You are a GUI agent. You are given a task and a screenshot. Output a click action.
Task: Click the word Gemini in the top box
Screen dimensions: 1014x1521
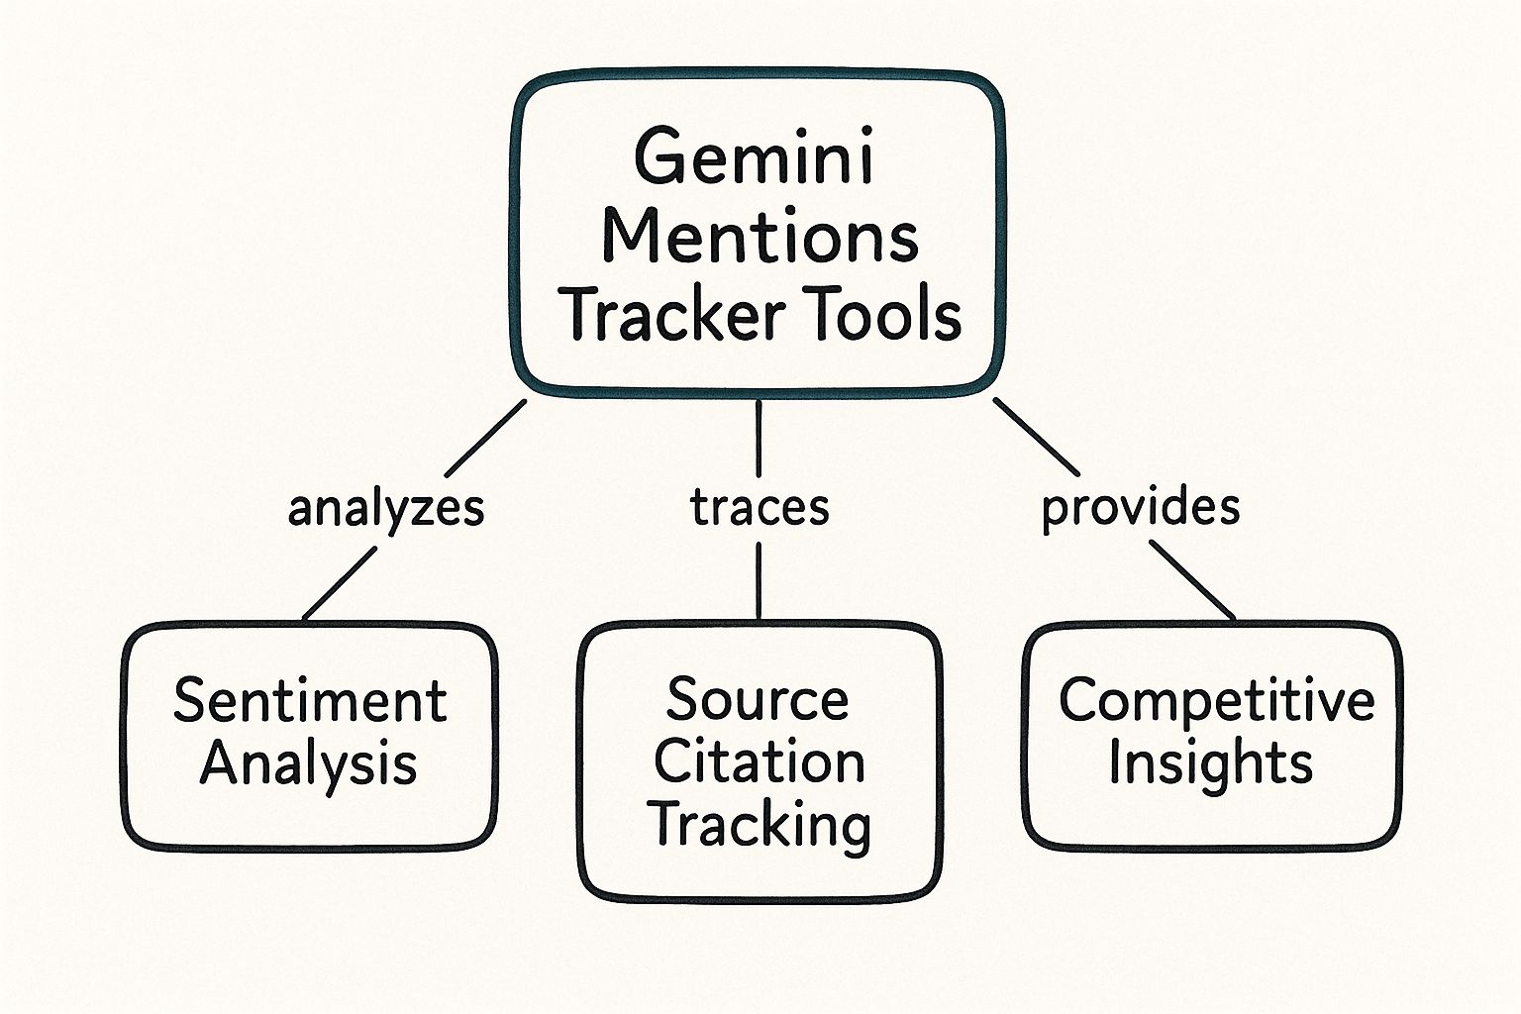pyautogui.click(x=755, y=159)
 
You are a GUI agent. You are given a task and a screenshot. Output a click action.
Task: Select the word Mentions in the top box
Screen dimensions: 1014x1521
pyautogui.click(x=760, y=238)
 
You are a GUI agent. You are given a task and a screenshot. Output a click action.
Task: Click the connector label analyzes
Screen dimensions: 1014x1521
pyautogui.click(x=386, y=509)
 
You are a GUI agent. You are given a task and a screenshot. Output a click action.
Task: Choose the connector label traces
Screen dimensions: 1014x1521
pyautogui.click(x=760, y=507)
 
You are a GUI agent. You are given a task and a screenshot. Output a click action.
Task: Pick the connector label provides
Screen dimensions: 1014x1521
pyautogui.click(x=1141, y=507)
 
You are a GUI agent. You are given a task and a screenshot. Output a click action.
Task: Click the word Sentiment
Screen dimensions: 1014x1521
pyautogui.click(x=310, y=701)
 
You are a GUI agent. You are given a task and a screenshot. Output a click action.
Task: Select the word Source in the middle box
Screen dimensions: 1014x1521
pyautogui.click(x=758, y=700)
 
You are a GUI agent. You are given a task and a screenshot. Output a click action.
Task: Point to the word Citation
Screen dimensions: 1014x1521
pyautogui.click(x=760, y=762)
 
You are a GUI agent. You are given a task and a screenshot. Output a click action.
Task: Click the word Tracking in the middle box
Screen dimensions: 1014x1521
pyautogui.click(x=760, y=826)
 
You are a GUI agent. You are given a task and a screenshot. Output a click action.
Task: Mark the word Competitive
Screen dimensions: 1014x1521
pyautogui.click(x=1216, y=701)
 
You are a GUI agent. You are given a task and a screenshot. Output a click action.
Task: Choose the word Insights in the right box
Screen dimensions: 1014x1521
pyautogui.click(x=1210, y=764)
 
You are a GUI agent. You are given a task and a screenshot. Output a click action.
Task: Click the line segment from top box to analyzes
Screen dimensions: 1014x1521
pyautogui.click(x=485, y=438)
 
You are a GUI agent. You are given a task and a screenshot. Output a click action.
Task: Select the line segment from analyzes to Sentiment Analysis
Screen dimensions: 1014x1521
pyautogui.click(x=340, y=583)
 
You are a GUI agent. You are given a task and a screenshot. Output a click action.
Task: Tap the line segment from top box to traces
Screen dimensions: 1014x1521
pyautogui.click(x=759, y=437)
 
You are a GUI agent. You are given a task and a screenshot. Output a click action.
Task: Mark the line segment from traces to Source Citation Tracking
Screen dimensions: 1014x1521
pyautogui.click(x=759, y=580)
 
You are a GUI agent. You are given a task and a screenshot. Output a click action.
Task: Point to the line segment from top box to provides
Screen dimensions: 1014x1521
pyautogui.click(x=1036, y=436)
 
